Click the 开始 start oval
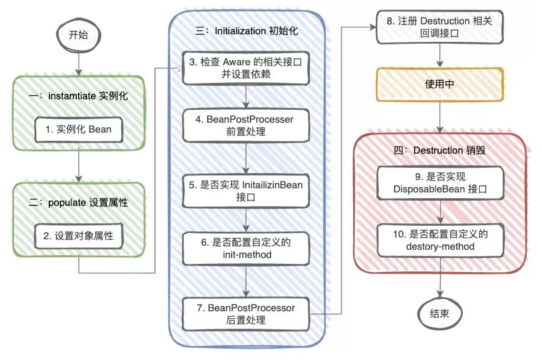click(x=78, y=35)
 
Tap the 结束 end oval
click(x=440, y=314)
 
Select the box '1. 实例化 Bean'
click(x=79, y=129)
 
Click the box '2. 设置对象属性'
click(x=79, y=236)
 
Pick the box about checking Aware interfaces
click(x=246, y=68)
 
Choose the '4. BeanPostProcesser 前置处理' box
click(x=246, y=125)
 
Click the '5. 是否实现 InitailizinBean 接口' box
click(x=246, y=191)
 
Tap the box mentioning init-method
click(x=246, y=248)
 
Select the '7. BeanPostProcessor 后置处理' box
click(x=246, y=314)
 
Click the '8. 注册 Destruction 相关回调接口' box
click(x=440, y=27)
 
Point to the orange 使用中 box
click(x=440, y=84)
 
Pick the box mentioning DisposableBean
click(x=441, y=183)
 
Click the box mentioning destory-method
click(x=441, y=240)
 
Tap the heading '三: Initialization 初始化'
click(x=246, y=31)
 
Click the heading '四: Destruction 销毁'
click(x=440, y=150)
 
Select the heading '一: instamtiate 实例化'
click(x=78, y=96)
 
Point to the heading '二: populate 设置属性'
click(x=78, y=203)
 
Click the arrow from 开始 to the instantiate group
click(x=79, y=63)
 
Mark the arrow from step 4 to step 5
click(x=246, y=158)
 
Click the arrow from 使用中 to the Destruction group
click(x=440, y=117)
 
